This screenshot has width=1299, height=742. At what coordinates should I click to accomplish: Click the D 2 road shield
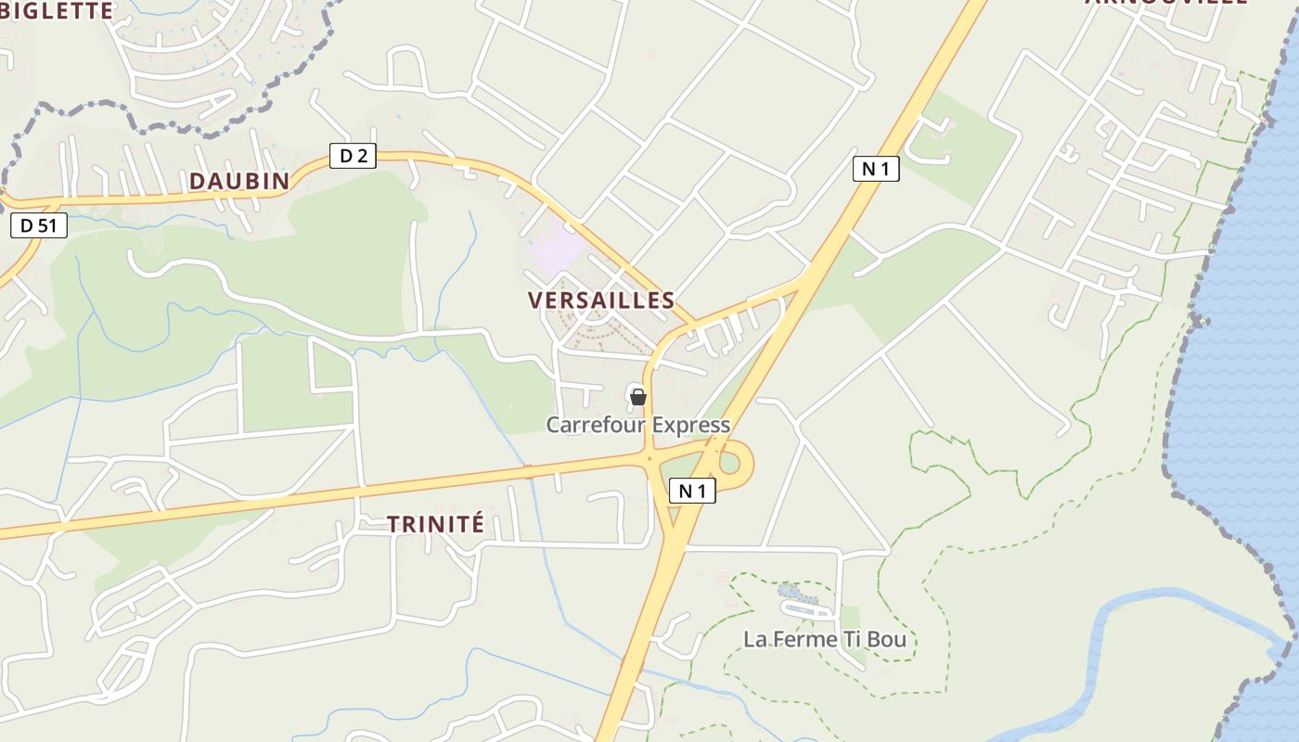pos(353,156)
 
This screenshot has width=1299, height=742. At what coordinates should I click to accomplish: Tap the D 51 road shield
pos(39,225)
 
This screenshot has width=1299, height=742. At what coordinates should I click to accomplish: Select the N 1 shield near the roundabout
pos(692,492)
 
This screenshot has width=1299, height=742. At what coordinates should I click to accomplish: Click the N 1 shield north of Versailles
pos(876,169)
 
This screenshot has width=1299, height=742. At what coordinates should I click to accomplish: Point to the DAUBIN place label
pos(239,181)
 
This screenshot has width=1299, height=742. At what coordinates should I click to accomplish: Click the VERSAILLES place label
pos(601,301)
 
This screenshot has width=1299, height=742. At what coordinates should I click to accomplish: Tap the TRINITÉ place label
pos(435,524)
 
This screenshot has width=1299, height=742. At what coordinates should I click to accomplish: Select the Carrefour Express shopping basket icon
pos(638,398)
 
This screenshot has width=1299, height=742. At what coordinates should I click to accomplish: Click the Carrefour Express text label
pos(638,426)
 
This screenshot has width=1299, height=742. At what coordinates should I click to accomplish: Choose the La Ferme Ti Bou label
pos(825,639)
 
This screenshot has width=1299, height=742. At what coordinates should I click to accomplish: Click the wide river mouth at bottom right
pos(1160,649)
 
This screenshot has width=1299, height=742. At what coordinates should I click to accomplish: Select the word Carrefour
pos(593,426)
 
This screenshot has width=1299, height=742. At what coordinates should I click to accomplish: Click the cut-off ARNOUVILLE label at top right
pos(1167,3)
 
